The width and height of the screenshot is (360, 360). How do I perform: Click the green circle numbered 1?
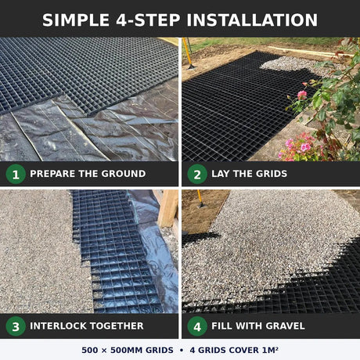(16, 174)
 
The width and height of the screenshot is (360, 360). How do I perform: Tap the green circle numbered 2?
(197, 174)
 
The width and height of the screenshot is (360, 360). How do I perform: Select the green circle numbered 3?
(16, 326)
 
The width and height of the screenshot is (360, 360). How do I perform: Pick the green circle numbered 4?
(197, 326)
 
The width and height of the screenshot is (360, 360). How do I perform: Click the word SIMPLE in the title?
(76, 20)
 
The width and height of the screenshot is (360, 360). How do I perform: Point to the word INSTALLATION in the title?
(252, 20)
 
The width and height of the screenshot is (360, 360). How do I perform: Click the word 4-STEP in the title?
(148, 20)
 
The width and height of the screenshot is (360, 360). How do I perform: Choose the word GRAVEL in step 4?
(286, 326)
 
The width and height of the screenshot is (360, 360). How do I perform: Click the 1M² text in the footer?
(270, 350)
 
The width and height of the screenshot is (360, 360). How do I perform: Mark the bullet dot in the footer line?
(182, 350)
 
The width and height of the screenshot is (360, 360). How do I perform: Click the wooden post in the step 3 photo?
(169, 208)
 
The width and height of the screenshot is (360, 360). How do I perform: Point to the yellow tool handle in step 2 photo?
(187, 52)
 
